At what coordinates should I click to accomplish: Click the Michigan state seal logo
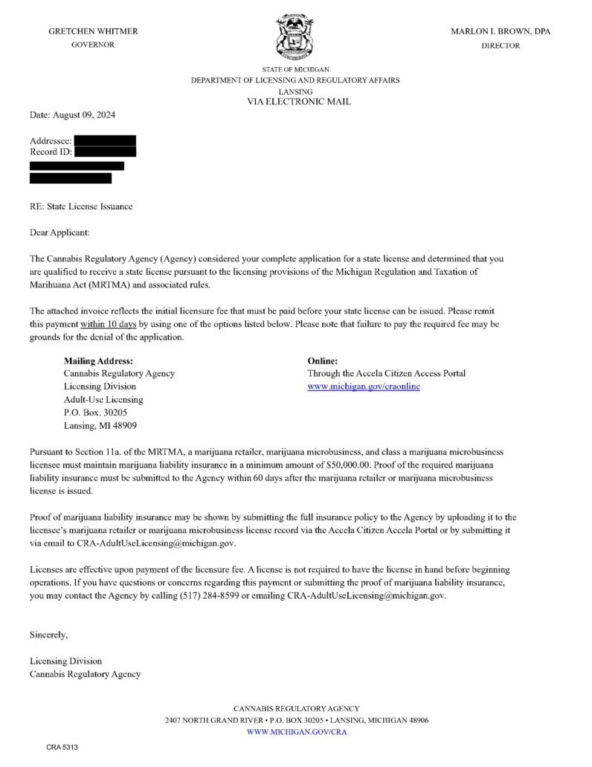coord(295,38)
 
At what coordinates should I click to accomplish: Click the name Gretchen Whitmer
coord(93,31)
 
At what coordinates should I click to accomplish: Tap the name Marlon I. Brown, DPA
coord(501,31)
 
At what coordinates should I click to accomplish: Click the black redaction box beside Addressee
coord(105,140)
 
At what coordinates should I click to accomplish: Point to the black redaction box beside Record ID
coord(105,152)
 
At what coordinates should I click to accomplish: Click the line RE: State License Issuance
coord(81,206)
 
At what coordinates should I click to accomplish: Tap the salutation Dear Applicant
coord(59,233)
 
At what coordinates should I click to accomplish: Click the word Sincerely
coord(49,635)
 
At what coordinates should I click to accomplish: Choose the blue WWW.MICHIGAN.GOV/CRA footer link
coord(296,732)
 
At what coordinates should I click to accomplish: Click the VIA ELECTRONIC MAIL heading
coord(298,101)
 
